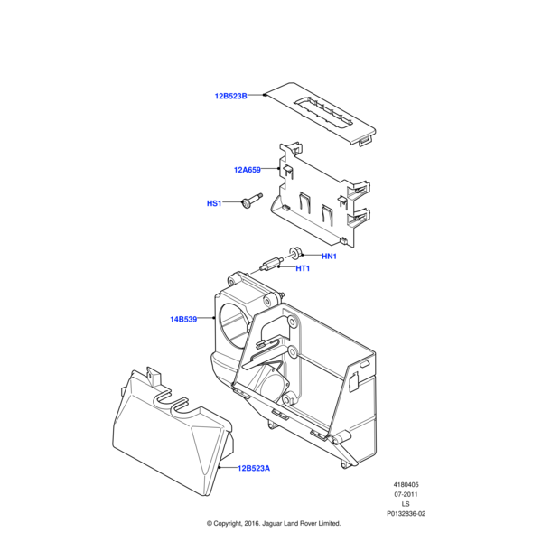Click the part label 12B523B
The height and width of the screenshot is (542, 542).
pos(231,96)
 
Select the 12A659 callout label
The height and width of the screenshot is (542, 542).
pos(248,170)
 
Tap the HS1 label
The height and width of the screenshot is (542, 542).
pos(214,203)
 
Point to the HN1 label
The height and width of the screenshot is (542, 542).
pos(329,257)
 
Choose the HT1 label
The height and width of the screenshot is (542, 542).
pos(303,268)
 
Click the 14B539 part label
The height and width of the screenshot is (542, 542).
pos(183,319)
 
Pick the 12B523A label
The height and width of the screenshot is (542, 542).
pos(254,468)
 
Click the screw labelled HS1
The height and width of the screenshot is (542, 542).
pos(252,201)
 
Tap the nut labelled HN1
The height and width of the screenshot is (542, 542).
pos(294,253)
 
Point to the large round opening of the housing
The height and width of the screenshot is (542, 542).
pos(233,324)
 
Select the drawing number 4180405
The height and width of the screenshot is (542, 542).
pos(406,484)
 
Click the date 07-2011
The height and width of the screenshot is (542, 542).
pos(406,494)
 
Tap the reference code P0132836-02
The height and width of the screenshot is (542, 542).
pos(406,514)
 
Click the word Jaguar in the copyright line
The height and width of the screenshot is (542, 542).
pos(272,524)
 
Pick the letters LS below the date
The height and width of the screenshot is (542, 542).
pos(406,504)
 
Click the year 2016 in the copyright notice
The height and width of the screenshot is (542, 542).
pos(252,524)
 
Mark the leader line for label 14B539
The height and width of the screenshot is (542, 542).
pos(206,318)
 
